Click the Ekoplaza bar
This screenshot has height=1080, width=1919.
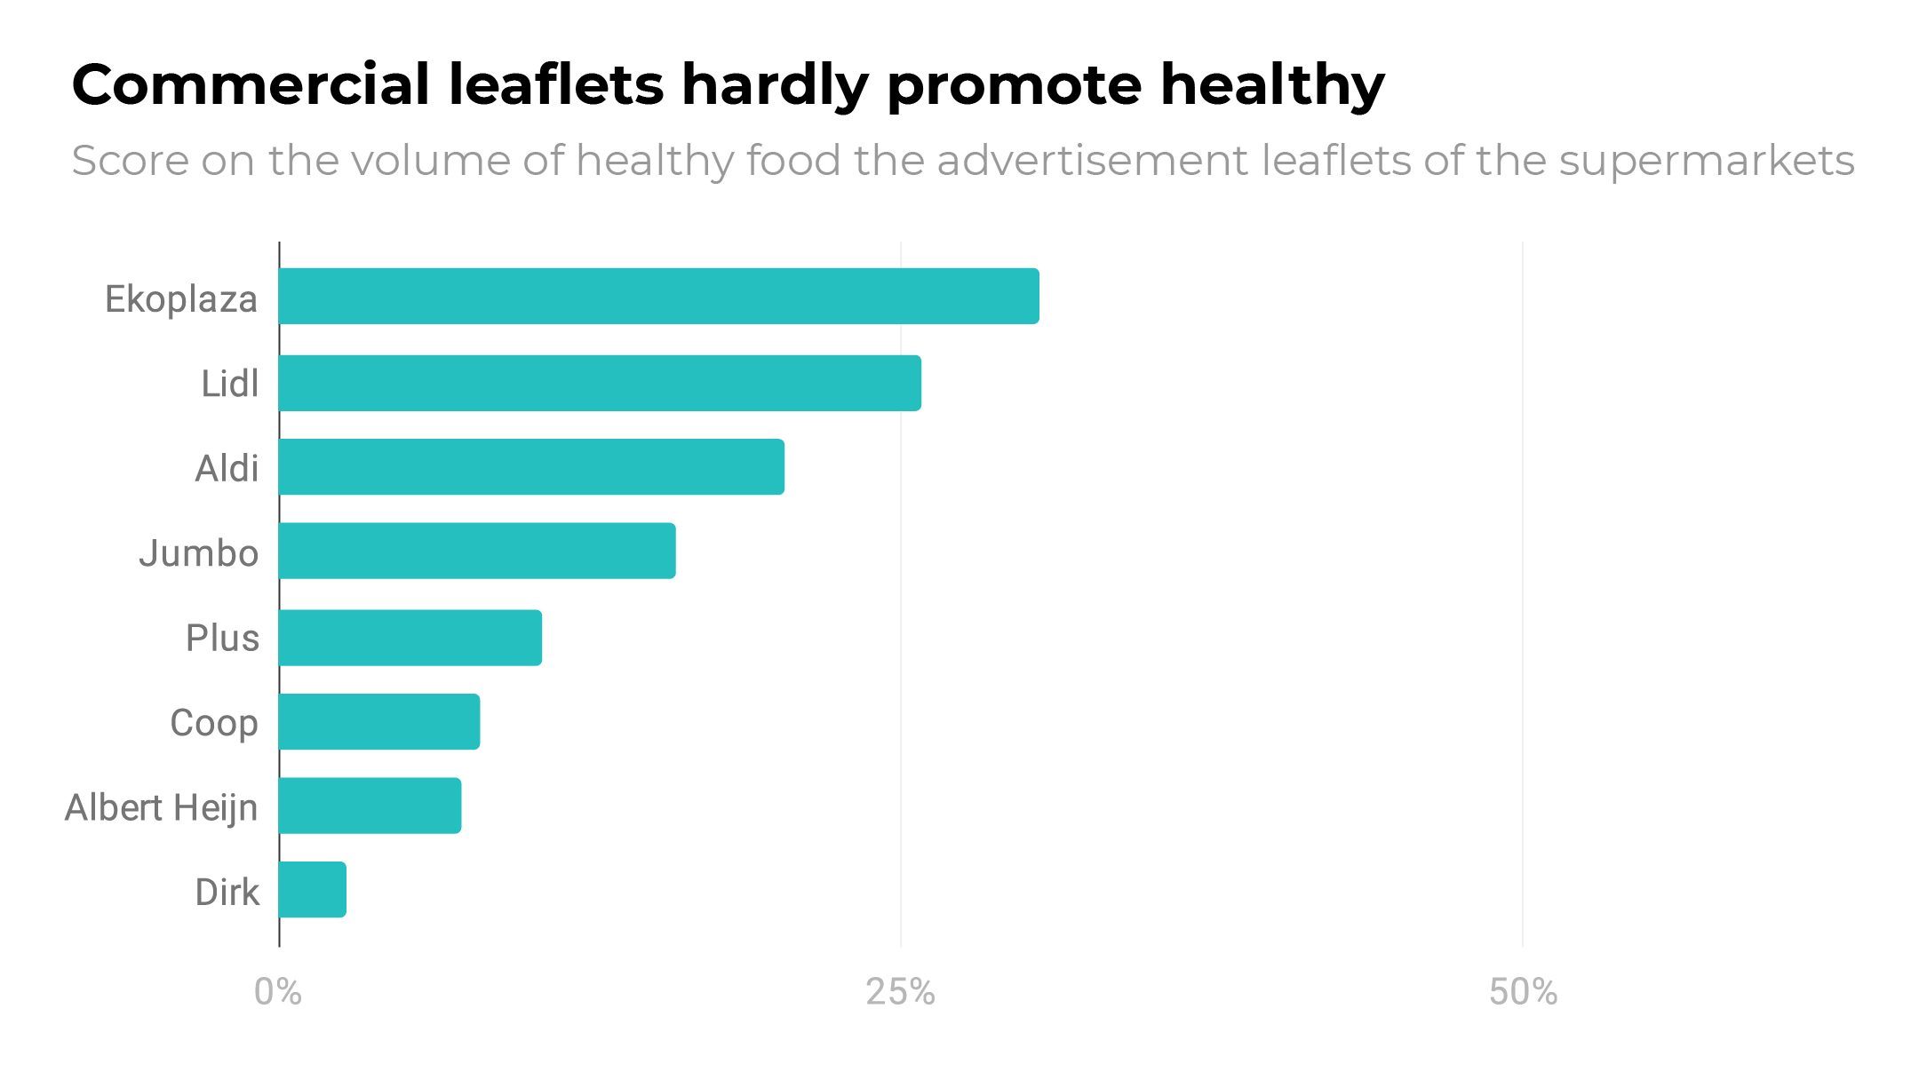pyautogui.click(x=658, y=296)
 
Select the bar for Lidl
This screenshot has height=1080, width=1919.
pyautogui.click(x=600, y=383)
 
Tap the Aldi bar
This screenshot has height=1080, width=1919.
pyautogui.click(x=531, y=466)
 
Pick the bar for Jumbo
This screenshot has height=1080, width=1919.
pyautogui.click(x=477, y=551)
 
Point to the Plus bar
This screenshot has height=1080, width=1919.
pyautogui.click(x=410, y=638)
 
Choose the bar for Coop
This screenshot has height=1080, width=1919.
pyautogui.click(x=379, y=721)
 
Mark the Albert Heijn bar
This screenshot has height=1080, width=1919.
pyautogui.click(x=370, y=806)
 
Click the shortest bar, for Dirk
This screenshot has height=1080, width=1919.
pyautogui.click(x=312, y=889)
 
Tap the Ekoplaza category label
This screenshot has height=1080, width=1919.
pyautogui.click(x=181, y=299)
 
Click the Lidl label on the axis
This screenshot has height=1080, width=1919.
pyautogui.click(x=229, y=384)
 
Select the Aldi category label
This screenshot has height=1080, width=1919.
pyautogui.click(x=227, y=468)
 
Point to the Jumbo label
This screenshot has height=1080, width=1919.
pyautogui.click(x=198, y=553)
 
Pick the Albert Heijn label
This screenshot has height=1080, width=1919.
pyautogui.click(x=161, y=807)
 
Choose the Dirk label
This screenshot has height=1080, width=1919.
pyautogui.click(x=227, y=892)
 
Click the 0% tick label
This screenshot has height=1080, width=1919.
pyautogui.click(x=277, y=992)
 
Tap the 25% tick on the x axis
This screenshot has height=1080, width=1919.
pyautogui.click(x=900, y=992)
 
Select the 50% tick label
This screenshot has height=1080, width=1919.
pyautogui.click(x=1523, y=992)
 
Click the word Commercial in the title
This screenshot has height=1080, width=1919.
pyautogui.click(x=251, y=85)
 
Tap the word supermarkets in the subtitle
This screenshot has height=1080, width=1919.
pyautogui.click(x=1706, y=162)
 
